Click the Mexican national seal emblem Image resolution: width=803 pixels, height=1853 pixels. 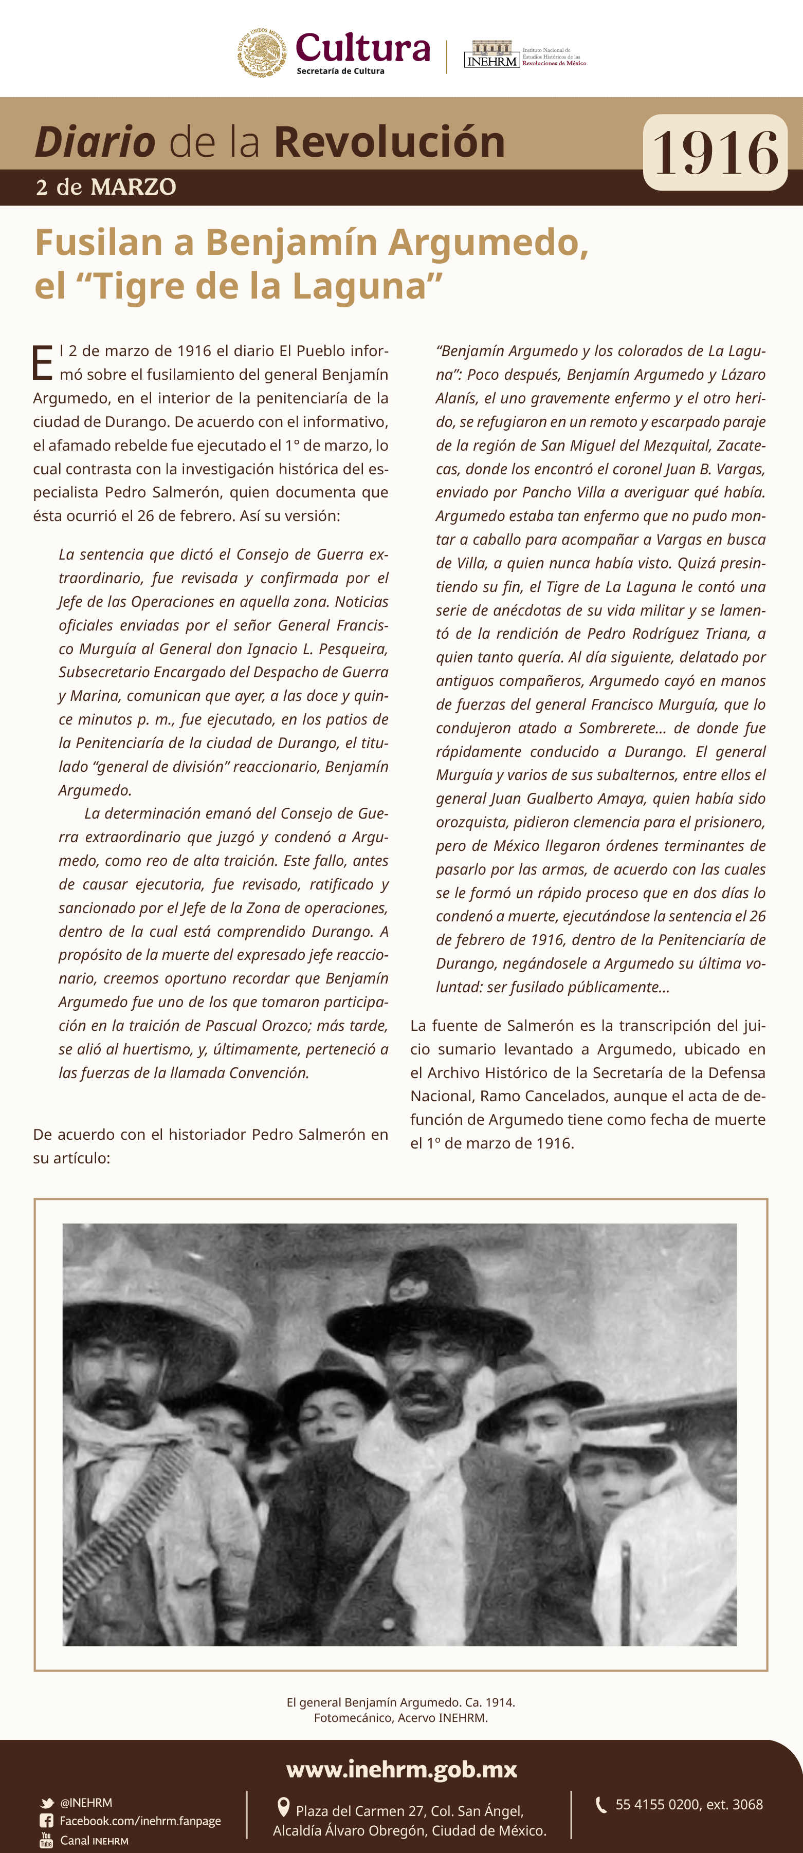point(262,52)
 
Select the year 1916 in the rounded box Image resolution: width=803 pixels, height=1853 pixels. point(715,153)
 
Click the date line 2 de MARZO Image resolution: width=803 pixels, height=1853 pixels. point(106,187)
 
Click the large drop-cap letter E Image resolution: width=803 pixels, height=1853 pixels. point(43,363)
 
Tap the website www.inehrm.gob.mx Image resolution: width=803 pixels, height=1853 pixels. point(401,1769)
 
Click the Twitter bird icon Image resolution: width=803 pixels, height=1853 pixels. point(47,1803)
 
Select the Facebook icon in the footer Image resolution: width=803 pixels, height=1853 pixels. point(47,1821)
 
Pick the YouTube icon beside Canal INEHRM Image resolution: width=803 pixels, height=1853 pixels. point(47,1839)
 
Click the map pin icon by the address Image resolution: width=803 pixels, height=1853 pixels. point(283,1807)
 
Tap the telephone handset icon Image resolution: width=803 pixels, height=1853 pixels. point(601,1804)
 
